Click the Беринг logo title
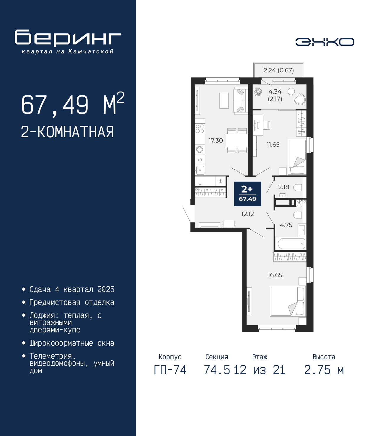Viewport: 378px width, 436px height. [68, 38]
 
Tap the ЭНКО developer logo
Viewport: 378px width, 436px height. [325, 42]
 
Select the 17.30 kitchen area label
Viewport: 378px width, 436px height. [216, 141]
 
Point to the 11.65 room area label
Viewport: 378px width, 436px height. [273, 145]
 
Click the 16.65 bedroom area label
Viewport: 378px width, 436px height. [275, 275]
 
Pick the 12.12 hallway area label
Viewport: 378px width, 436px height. [247, 214]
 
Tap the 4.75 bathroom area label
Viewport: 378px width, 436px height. [286, 225]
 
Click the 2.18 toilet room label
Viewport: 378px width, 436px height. [284, 187]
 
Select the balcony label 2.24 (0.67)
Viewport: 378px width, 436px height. [278, 70]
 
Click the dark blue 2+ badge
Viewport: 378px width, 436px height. [247, 194]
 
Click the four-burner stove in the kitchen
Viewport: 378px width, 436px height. [200, 128]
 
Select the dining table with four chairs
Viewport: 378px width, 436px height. [237, 140]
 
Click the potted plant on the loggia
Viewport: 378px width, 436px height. [258, 92]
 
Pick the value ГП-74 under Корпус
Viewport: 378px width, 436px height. [170, 370]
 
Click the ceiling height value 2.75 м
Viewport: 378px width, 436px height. [324, 370]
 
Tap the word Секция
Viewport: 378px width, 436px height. [217, 357]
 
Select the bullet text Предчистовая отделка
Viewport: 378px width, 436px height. [72, 302]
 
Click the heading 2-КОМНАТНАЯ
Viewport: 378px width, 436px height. [67, 132]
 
